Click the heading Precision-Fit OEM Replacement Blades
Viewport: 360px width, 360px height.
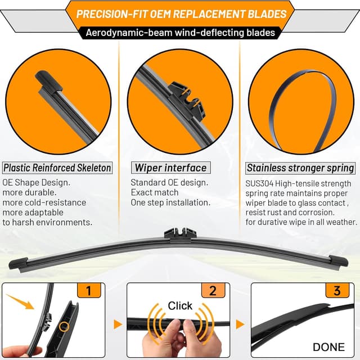point(181,13)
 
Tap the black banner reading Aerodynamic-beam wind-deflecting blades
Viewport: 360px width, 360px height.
point(181,32)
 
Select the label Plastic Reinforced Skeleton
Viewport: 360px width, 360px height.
point(57,168)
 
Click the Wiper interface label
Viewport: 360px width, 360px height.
point(170,168)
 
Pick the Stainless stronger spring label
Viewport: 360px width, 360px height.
point(301,168)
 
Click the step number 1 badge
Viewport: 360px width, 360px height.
point(89,290)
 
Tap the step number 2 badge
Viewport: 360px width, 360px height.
point(213,290)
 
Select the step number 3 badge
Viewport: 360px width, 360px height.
point(337,290)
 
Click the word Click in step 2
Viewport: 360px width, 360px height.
point(180,306)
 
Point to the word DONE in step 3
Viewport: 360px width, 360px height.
point(329,347)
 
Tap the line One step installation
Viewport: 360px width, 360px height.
point(170,202)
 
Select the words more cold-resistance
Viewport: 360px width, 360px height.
point(44,202)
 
